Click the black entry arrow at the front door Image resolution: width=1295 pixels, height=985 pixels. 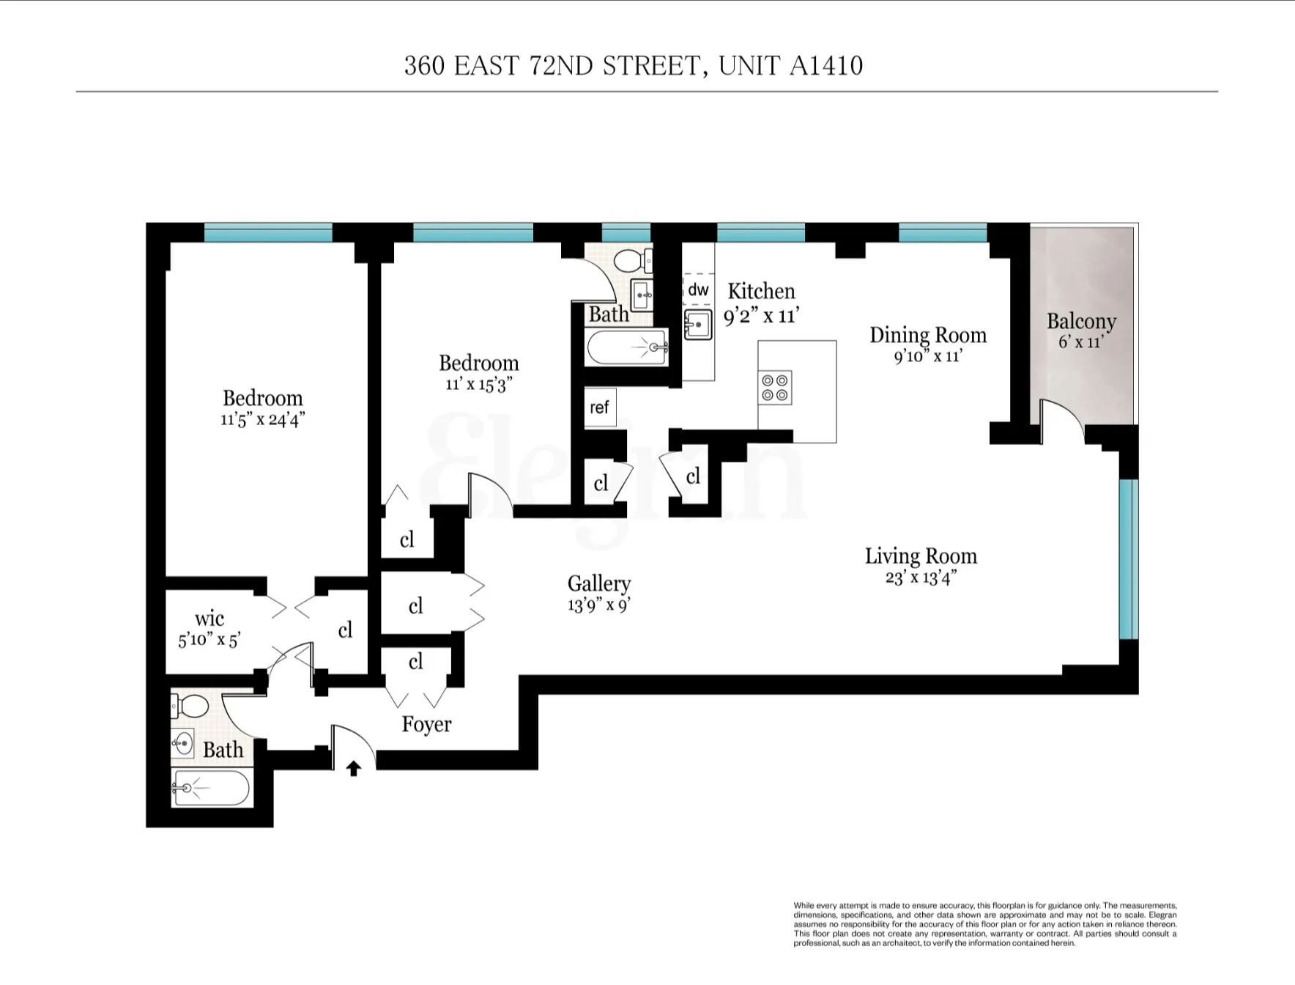(354, 768)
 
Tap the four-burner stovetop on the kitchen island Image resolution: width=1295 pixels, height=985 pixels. (776, 388)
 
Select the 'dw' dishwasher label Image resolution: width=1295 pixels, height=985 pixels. (698, 290)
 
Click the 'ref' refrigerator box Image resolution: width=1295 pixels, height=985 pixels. (599, 407)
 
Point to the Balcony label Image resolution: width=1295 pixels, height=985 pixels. (1081, 322)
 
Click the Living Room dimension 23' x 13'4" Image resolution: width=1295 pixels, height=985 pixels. (921, 578)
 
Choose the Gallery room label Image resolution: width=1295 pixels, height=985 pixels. (598, 583)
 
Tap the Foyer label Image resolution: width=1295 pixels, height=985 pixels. (426, 724)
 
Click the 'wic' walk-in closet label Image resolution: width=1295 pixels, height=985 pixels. (209, 619)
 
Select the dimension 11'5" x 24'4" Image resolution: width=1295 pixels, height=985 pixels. (262, 419)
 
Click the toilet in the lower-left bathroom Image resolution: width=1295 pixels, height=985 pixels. (192, 706)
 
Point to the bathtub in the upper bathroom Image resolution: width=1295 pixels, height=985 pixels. (627, 347)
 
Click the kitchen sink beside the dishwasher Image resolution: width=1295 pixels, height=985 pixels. (698, 324)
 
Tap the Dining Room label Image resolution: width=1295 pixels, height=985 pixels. (927, 335)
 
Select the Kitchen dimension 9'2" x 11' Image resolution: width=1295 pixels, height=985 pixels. (761, 316)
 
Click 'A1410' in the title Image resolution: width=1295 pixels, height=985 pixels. (825, 66)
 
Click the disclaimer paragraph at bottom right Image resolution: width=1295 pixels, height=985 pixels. (984, 924)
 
